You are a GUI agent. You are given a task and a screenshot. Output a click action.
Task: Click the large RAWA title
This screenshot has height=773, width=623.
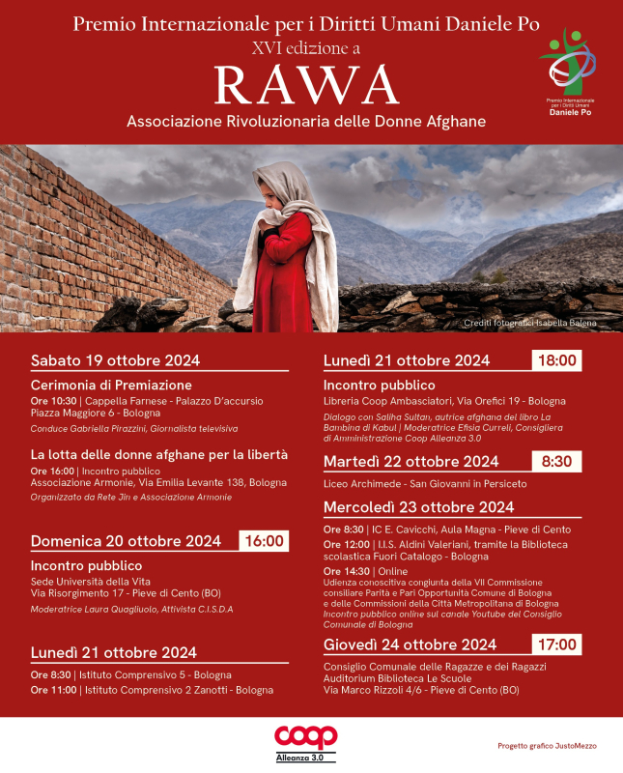(x=305, y=85)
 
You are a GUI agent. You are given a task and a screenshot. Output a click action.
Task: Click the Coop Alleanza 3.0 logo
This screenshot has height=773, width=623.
(x=305, y=741)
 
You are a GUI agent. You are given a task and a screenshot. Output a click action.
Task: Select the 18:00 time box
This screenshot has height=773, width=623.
(x=555, y=360)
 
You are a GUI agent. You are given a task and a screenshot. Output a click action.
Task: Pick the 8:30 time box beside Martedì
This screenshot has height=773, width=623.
(x=555, y=461)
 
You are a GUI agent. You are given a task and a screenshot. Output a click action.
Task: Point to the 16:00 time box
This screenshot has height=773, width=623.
(x=263, y=540)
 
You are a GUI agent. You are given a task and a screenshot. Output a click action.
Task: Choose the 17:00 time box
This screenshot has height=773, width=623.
(x=555, y=644)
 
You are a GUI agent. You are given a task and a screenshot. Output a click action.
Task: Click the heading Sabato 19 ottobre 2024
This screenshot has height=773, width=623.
(x=116, y=360)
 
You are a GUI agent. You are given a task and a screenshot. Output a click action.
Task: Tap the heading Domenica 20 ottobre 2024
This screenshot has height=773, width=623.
(x=127, y=540)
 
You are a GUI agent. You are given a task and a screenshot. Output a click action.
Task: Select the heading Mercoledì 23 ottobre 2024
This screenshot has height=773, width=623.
(x=419, y=506)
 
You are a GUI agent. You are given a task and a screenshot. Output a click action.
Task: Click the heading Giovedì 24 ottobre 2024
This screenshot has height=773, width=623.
(x=411, y=644)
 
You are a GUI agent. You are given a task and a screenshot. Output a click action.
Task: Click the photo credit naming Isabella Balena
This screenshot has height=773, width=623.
(x=530, y=323)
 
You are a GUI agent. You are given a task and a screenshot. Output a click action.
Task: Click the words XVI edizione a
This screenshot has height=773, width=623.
(x=305, y=46)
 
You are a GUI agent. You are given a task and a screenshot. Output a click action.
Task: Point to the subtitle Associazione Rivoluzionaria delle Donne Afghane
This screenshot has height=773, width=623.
(x=305, y=123)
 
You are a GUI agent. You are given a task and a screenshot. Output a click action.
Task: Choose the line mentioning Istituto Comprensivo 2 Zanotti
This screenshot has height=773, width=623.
(x=152, y=690)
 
